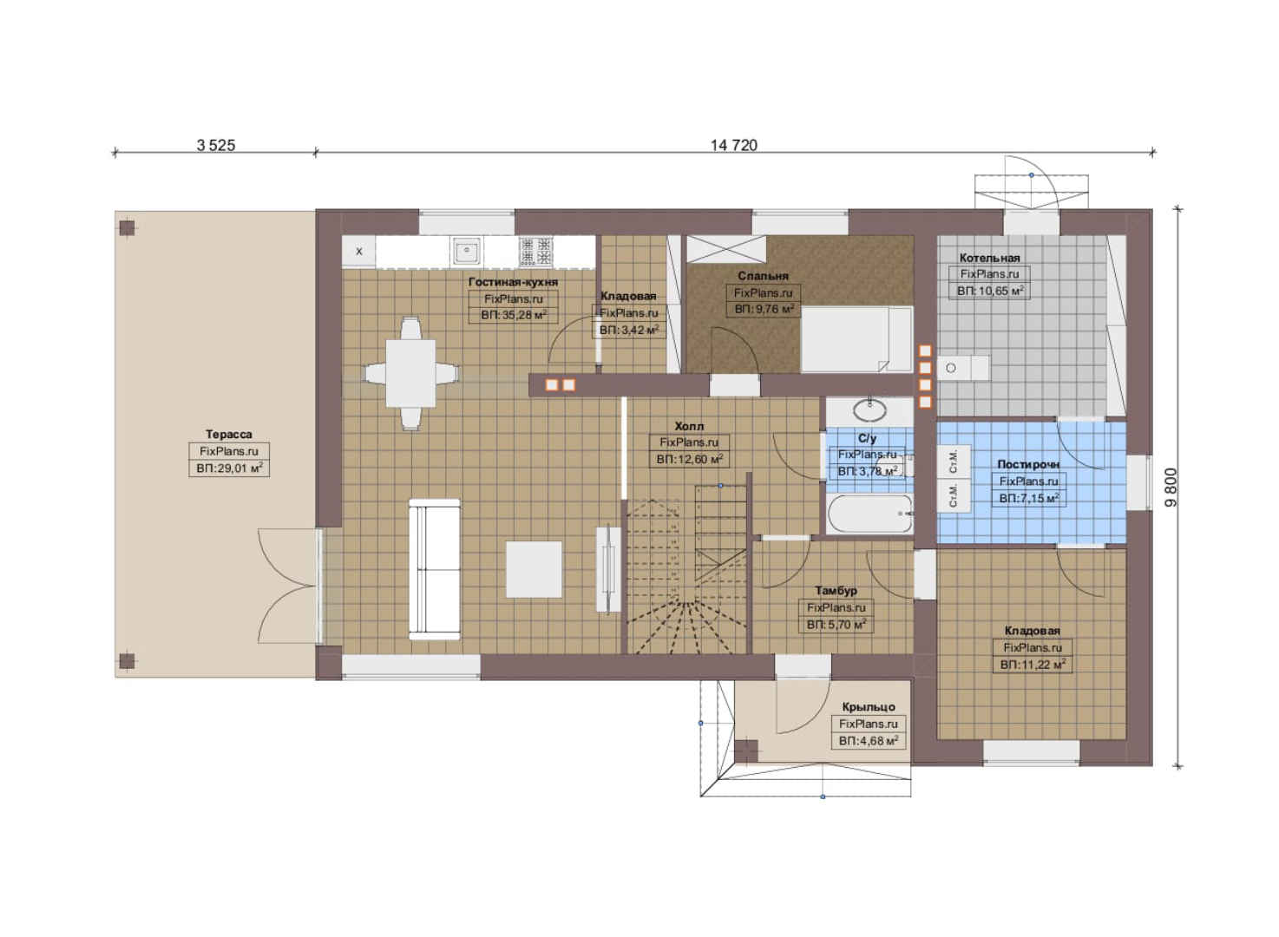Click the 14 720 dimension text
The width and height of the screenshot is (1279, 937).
click(734, 145)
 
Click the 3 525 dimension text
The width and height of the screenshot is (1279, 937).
click(216, 145)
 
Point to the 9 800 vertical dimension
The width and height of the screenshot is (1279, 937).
click(1171, 487)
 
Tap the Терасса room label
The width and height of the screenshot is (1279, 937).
click(228, 435)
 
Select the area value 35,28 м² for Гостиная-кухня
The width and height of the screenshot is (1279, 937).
click(514, 315)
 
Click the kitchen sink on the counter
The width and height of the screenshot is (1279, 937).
click(467, 251)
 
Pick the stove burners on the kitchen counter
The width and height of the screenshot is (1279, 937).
click(536, 252)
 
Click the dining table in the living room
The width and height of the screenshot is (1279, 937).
click(410, 373)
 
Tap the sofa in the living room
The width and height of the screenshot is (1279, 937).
click(435, 569)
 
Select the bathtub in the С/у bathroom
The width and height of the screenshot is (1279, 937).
click(869, 514)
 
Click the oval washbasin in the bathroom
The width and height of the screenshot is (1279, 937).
click(869, 410)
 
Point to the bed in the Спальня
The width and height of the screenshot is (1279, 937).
click(856, 338)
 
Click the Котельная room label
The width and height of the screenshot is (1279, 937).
click(989, 258)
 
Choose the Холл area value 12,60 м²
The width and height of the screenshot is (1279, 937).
click(689, 459)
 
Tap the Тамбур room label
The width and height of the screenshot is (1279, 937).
click(836, 591)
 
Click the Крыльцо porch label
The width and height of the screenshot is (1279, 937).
click(869, 707)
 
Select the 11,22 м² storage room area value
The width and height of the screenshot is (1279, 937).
click(1033, 665)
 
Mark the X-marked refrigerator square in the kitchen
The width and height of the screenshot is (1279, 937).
click(358, 252)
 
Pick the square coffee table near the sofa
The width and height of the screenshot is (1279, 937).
click(534, 569)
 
